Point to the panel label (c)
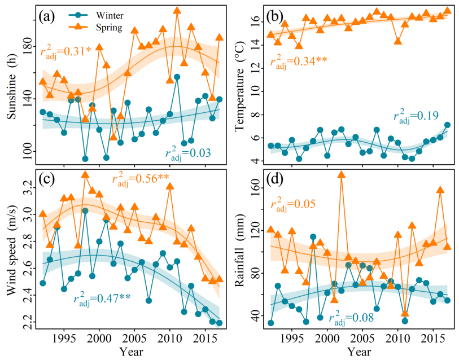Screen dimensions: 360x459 46,181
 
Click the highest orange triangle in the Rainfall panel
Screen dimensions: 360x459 341,174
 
